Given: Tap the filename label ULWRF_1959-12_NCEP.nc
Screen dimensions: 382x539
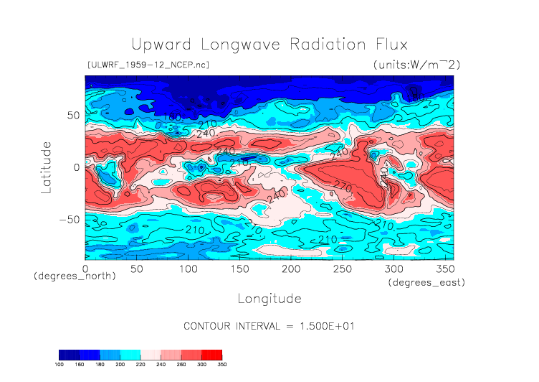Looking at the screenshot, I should click(148, 65).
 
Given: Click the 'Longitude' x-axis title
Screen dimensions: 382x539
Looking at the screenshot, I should click(269, 298).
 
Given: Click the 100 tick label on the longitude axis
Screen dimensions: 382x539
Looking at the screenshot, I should click(188, 268).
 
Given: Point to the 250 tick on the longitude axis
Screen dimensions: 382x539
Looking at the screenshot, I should click(341, 268).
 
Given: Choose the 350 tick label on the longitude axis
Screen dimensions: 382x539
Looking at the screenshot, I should click(444, 268).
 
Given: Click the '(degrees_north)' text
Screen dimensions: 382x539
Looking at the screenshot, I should click(75, 276).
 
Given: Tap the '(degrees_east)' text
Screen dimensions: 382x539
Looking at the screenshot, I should click(426, 283).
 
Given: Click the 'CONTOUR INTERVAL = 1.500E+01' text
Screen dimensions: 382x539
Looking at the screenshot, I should click(269, 326).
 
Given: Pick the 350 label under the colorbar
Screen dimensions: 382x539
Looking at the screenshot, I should click(221, 365).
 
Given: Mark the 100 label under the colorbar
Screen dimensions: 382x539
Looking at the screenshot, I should click(59, 365).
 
